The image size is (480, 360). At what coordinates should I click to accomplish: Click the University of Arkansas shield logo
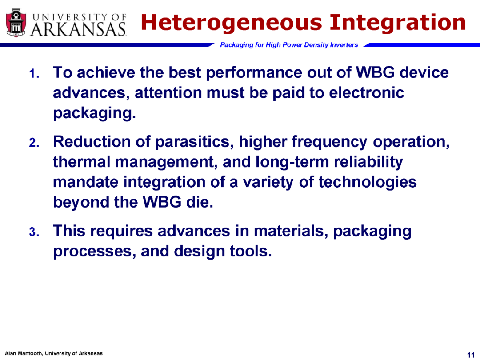coord(16,23)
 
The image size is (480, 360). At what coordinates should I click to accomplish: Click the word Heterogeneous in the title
coord(232,23)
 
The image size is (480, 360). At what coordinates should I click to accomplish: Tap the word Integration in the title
coord(397,23)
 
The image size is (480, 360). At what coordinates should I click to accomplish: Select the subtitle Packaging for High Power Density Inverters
coord(289,45)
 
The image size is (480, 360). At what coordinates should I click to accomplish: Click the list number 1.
coord(34,74)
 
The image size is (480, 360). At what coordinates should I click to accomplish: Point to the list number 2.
coord(34,143)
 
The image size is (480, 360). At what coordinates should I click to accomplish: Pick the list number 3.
coord(34,232)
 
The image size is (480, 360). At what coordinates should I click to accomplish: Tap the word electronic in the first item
coord(366,93)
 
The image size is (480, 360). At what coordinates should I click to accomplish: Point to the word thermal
coord(82,162)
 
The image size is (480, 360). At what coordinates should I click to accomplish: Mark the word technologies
coord(368,183)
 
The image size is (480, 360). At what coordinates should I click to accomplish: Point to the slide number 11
coord(471,355)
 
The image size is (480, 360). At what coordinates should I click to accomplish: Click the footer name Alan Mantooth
coord(24,353)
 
